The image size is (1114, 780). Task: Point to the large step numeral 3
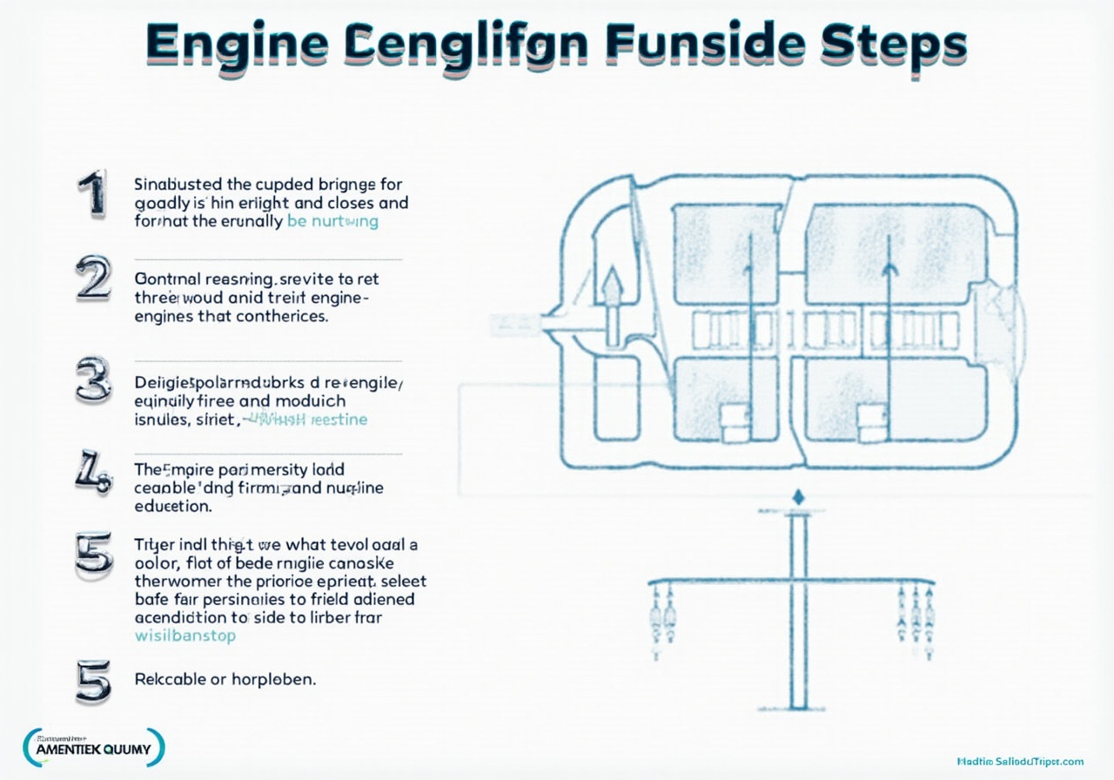(x=93, y=382)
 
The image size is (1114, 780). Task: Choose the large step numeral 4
(x=93, y=475)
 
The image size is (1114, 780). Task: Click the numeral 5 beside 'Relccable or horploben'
(x=93, y=680)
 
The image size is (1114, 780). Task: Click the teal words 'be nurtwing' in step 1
(x=332, y=221)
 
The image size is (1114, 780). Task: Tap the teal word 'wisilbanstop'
(x=185, y=635)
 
